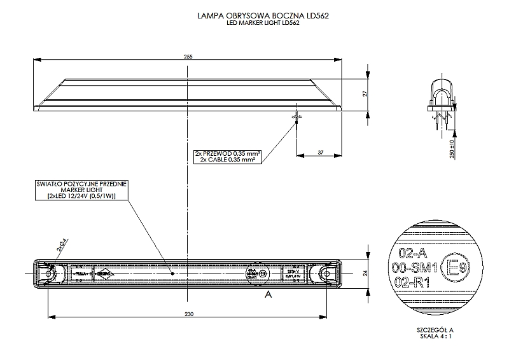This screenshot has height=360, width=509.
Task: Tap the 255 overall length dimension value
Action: click(x=188, y=57)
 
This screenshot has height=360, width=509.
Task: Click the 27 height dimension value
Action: click(x=365, y=93)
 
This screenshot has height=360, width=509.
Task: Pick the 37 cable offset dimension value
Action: click(x=320, y=153)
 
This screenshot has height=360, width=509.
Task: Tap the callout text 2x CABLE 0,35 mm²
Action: click(x=227, y=160)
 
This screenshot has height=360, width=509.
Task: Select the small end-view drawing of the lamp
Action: click(x=442, y=99)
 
